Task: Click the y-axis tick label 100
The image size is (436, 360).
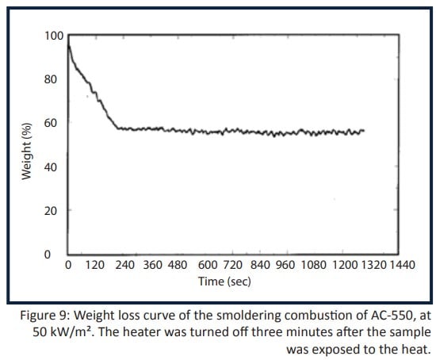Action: click(52, 36)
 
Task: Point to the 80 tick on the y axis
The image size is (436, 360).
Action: click(55, 79)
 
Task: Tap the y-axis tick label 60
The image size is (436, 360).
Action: click(55, 123)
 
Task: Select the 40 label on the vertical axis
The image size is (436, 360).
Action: click(55, 167)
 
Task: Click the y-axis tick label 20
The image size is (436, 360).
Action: click(55, 211)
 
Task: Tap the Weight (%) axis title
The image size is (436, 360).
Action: click(27, 151)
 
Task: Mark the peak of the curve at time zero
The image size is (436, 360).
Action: click(69, 46)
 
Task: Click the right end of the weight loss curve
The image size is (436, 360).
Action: click(364, 130)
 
